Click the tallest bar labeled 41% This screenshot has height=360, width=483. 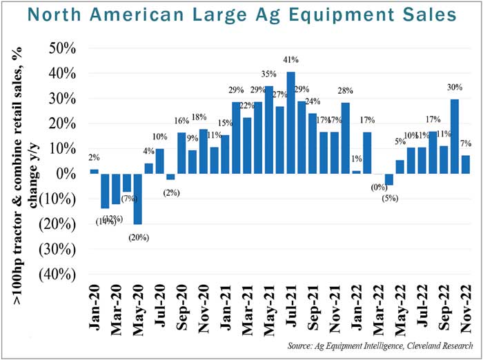tap(291, 122)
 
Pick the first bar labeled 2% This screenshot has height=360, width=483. tap(95, 171)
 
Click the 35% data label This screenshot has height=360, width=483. tap(269, 74)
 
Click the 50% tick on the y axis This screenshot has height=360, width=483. tap(63, 48)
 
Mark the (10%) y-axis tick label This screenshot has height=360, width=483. tap(60, 199)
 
